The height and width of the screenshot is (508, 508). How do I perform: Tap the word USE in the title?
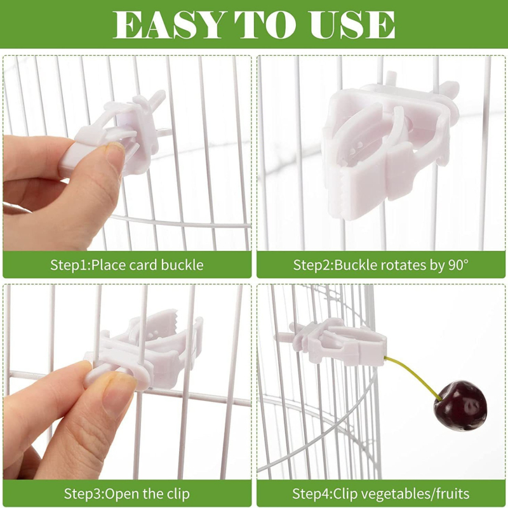point(352,25)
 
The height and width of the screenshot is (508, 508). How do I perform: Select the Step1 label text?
point(69,265)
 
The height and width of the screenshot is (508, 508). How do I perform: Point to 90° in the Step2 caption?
point(458,265)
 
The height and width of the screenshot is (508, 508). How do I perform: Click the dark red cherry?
point(460,405)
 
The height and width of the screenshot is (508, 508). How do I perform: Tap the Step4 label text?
point(312,494)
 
